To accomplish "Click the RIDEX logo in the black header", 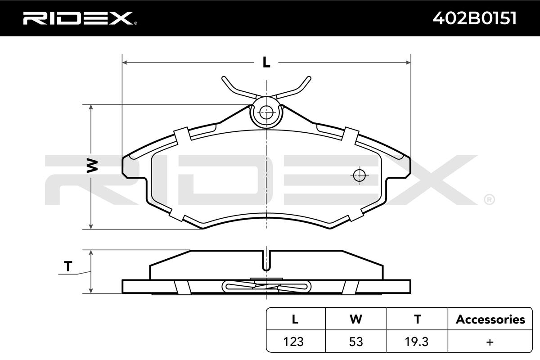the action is pyautogui.click(x=80, y=18).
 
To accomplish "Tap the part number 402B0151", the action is pyautogui.click(x=474, y=18).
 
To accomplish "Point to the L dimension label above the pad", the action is pyautogui.click(x=266, y=62).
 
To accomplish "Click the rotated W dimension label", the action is pyautogui.click(x=92, y=166).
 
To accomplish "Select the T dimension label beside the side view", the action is pyautogui.click(x=68, y=266).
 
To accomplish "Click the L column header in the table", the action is pyautogui.click(x=295, y=319).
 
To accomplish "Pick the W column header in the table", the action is pyautogui.click(x=356, y=319).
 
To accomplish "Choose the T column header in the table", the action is pyautogui.click(x=418, y=319).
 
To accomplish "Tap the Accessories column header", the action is pyautogui.click(x=490, y=319).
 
